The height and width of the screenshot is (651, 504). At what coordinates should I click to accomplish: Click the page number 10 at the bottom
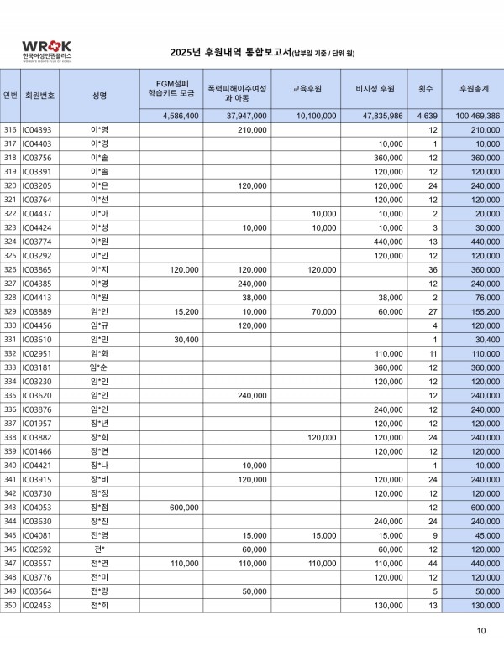pyautogui.click(x=480, y=631)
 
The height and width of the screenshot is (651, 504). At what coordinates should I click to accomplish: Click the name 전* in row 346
pyautogui.click(x=99, y=549)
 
